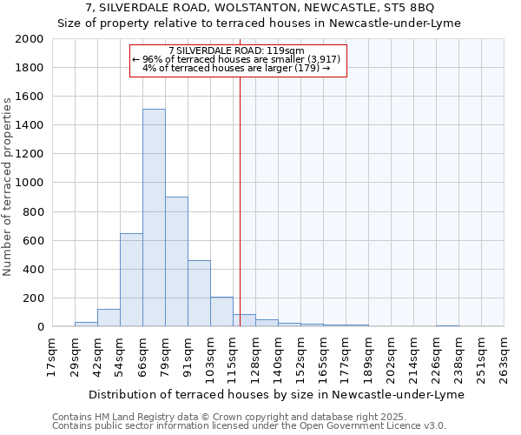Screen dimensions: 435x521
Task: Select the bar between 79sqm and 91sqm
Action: pyautogui.click(x=176, y=261)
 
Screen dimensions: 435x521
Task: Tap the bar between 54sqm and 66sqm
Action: pyautogui.click(x=131, y=280)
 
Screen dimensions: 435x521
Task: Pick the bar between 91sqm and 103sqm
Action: pyautogui.click(x=199, y=293)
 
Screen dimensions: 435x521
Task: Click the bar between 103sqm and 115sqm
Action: pyautogui.click(x=221, y=311)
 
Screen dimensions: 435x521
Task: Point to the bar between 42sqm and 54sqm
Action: pyautogui.click(x=109, y=318)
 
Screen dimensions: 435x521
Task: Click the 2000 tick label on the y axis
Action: pyautogui.click(x=30, y=40)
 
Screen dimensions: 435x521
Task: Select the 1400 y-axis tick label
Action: pyautogui.click(x=30, y=126)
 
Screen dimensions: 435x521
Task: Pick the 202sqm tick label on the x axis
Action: pyautogui.click(x=391, y=357)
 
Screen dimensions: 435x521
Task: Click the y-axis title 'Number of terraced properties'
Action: pyautogui.click(x=8, y=187)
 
